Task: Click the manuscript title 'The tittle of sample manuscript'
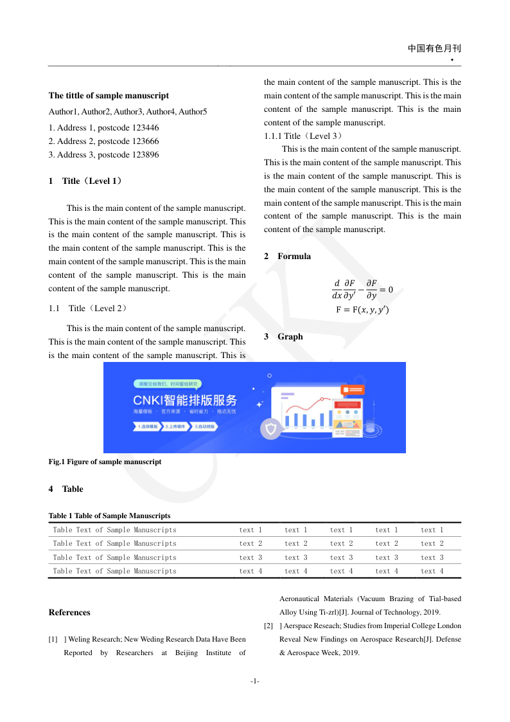[109, 96]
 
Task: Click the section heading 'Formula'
[294, 257]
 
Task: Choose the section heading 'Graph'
[290, 337]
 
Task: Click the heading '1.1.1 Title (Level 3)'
[304, 136]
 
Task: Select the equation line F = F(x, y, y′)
[362, 310]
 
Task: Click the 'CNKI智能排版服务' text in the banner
[185, 400]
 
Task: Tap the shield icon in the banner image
[272, 428]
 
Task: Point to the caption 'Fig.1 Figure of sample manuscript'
[105, 462]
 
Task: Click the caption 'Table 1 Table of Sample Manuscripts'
[110, 516]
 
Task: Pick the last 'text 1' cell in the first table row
[432, 530]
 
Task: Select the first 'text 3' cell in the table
[251, 558]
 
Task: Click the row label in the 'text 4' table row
[114, 571]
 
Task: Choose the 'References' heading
[69, 613]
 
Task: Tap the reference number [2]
[268, 626]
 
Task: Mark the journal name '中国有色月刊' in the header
[434, 49]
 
